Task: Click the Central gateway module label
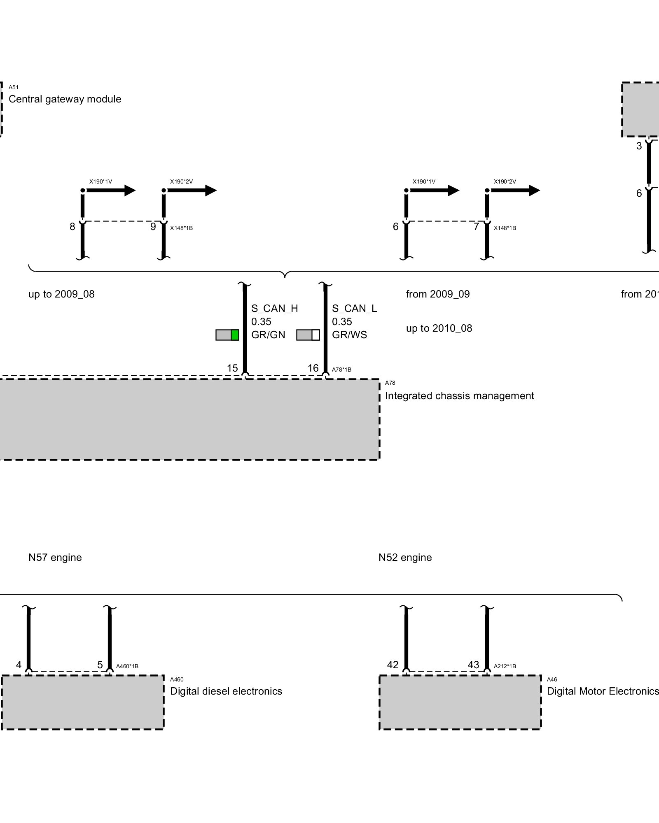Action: (65, 99)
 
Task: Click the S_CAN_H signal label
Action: (274, 309)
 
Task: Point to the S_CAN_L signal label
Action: (354, 309)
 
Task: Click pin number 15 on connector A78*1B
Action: (232, 368)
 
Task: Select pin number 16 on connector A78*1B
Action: (313, 368)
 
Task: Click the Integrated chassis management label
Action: (459, 396)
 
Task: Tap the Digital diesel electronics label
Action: (226, 691)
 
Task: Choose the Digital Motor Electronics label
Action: (603, 691)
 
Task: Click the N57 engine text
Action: (55, 558)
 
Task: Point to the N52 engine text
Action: (405, 558)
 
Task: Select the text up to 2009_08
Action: (61, 294)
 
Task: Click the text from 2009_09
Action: (438, 294)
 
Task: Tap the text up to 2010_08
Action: (439, 328)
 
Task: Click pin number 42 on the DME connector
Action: (393, 665)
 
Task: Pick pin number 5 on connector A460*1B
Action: (100, 665)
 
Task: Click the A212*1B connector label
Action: (505, 666)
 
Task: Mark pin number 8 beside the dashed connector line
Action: (72, 227)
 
